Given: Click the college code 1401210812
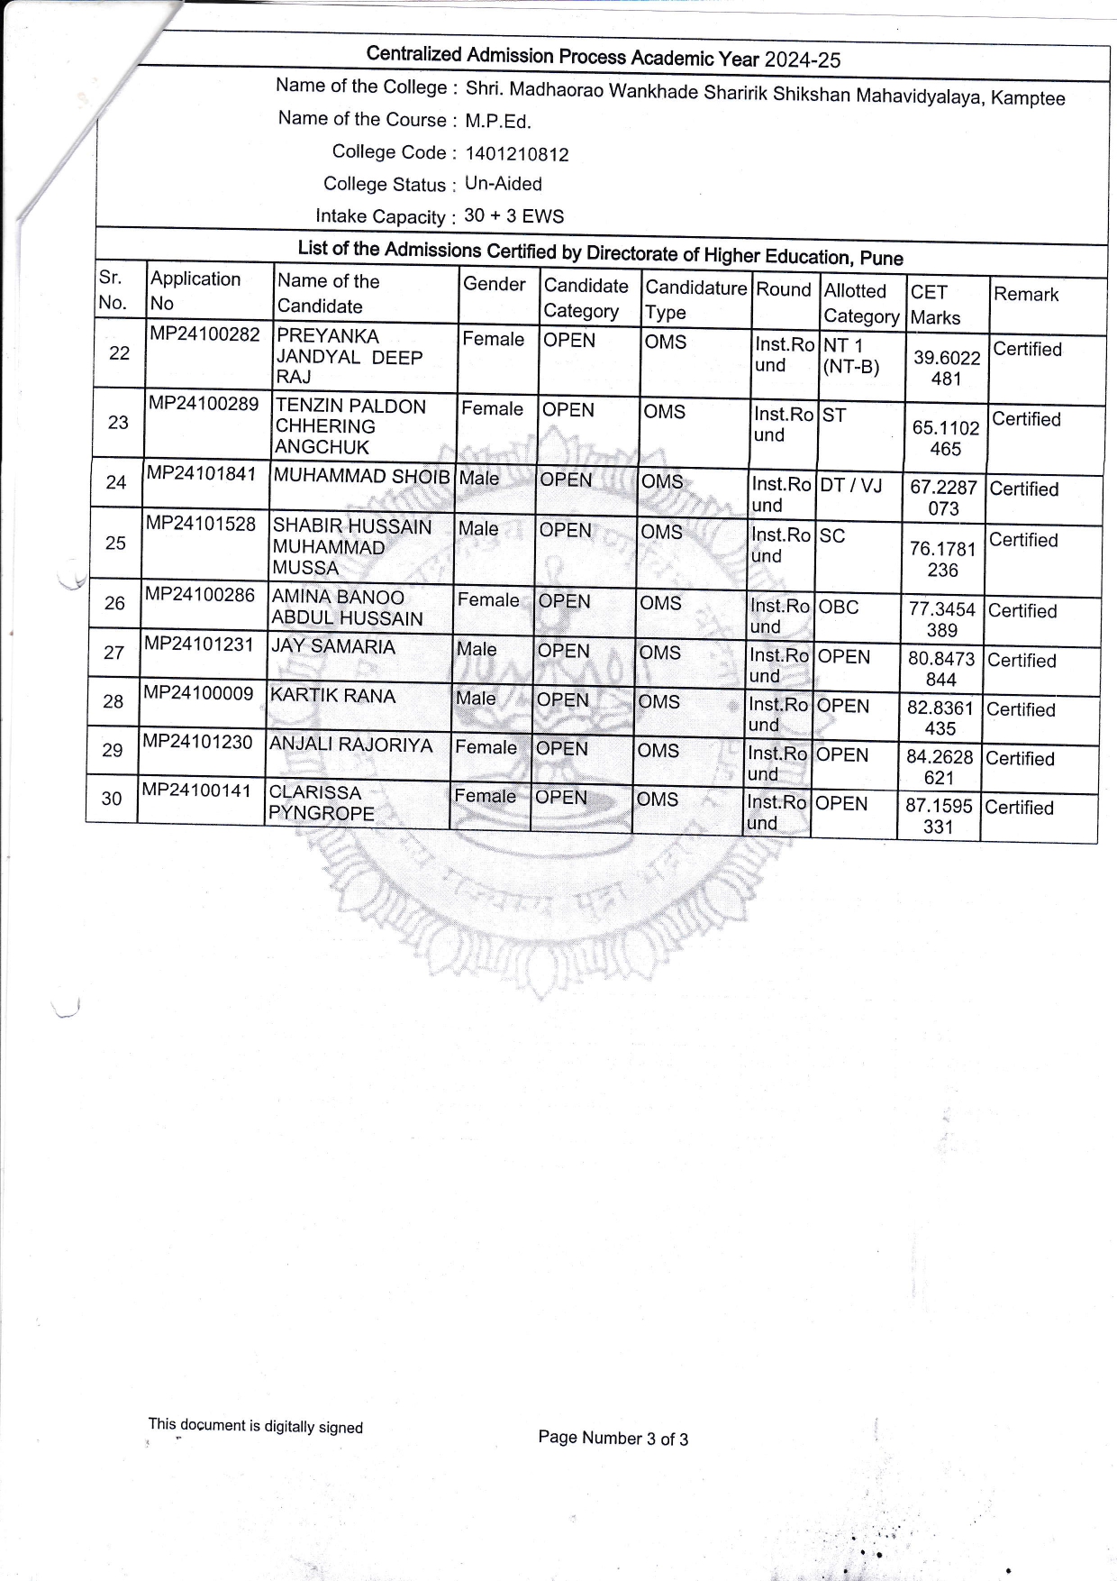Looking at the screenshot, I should coord(517,154).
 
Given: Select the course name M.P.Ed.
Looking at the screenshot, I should coord(498,122).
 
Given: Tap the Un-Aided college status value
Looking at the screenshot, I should coord(504,184).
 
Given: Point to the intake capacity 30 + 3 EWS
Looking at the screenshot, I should coord(514,216).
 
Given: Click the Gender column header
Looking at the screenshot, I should coord(494,285).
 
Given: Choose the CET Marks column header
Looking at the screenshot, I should coord(935,305).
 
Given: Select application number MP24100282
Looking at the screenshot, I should coord(204,334).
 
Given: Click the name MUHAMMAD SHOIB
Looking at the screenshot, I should coord(361,477).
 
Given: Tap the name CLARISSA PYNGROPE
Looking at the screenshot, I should coord(322,803).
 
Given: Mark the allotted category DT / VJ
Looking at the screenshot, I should coord(851,486).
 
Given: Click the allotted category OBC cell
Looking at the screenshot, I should coord(839,608).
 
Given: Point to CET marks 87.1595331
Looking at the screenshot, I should coord(939,816).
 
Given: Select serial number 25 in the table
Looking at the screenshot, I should coord(116,543).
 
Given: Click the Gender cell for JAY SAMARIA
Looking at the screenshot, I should coord(477,649).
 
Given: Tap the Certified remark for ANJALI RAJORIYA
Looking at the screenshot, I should coord(1020,759).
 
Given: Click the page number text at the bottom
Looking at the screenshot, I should coord(613,1439).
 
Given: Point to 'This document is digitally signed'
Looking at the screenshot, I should coord(256,1426).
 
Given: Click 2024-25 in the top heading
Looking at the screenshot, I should coord(802,60).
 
